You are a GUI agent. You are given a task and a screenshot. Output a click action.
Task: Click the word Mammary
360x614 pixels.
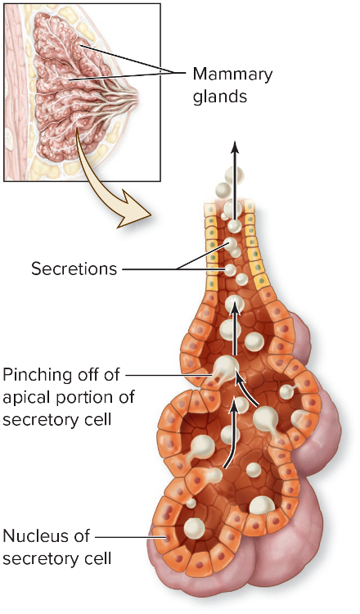coord(233,74)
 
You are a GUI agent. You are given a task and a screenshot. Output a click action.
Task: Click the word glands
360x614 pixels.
coord(220,96)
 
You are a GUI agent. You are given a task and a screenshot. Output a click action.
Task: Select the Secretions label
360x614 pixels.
coord(74,269)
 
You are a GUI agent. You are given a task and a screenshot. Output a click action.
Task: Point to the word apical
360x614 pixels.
coord(26,398)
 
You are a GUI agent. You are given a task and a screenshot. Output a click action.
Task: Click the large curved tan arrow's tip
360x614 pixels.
coord(151,215)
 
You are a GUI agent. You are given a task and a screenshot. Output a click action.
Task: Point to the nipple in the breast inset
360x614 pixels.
coord(134,97)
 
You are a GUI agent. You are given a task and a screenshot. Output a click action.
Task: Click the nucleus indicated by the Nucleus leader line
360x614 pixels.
coord(168,537)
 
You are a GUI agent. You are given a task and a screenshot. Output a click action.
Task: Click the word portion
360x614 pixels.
coord(84,398)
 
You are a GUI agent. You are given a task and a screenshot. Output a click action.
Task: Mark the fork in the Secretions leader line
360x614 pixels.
coord(178,269)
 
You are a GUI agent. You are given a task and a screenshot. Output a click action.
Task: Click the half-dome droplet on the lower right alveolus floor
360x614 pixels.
coord(261,506)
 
